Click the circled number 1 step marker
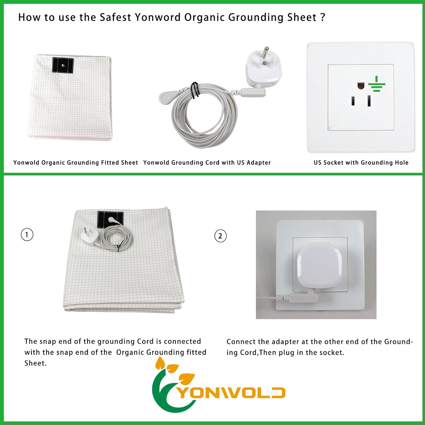click(27, 235)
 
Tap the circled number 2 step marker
click(220, 236)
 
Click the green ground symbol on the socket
click(377, 84)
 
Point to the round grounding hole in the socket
click(360, 86)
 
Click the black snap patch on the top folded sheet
click(63, 65)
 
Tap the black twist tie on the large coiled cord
click(195, 90)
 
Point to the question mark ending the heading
click(322, 18)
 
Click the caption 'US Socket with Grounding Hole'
click(361, 163)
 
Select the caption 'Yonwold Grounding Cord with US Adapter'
click(207, 163)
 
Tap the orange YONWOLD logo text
click(231, 393)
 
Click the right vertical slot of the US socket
click(369, 101)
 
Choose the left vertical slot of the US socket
click(353, 101)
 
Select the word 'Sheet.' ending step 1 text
click(35, 363)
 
